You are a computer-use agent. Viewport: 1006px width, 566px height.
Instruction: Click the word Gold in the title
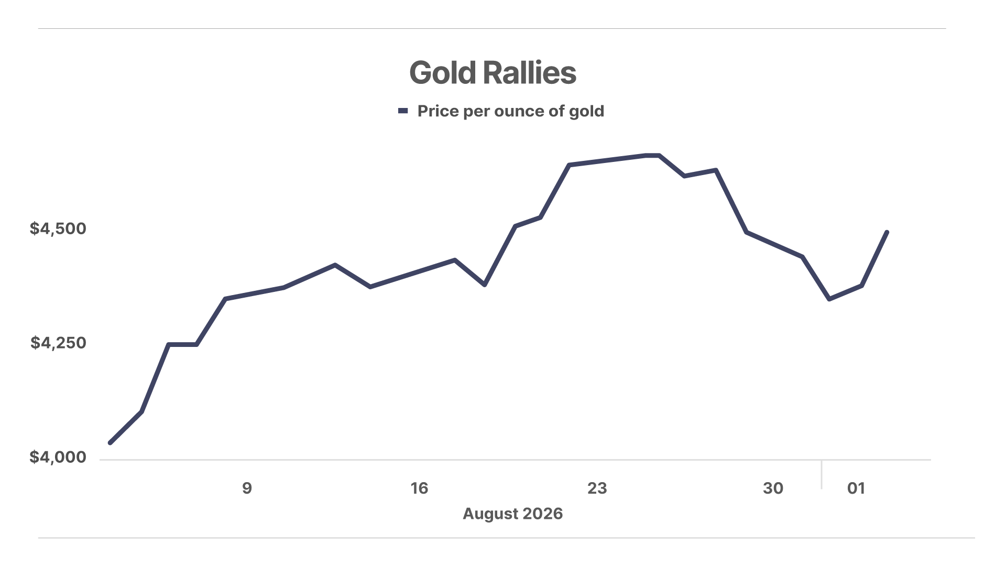pos(442,73)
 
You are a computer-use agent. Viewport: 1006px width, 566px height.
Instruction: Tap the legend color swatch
pos(403,111)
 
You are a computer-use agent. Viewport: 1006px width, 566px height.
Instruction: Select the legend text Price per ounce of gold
pos(511,111)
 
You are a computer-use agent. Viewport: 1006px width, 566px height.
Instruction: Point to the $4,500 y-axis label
pos(58,228)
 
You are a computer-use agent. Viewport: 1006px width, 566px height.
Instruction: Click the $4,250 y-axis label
pos(58,343)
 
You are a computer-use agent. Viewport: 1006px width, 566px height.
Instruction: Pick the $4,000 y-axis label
pos(58,457)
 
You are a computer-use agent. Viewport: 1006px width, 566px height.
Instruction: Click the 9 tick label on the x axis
pos(247,488)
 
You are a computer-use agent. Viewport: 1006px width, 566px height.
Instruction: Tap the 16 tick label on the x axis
pos(419,488)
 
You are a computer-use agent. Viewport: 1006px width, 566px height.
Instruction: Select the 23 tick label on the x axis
pos(597,488)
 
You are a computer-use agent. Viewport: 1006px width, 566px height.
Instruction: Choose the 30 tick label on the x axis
pos(773,488)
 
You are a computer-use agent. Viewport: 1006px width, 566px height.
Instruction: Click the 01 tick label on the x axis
pos(856,488)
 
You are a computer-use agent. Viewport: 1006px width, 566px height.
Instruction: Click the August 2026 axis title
pos(512,514)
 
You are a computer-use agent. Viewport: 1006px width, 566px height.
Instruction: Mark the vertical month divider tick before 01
pos(822,475)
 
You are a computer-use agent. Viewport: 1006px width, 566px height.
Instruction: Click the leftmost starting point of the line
pos(110,443)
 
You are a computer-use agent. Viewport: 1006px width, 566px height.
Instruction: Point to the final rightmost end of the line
pos(887,232)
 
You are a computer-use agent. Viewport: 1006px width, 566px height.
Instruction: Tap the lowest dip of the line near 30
pos(829,299)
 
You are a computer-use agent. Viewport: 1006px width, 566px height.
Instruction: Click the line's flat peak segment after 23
pos(652,155)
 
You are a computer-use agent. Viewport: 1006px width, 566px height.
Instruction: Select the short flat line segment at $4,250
pos(182,344)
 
